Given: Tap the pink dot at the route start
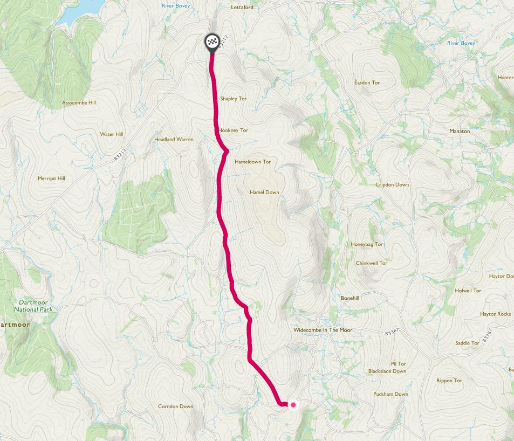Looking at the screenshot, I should point(293,404).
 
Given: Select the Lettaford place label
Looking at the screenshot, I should point(242,8).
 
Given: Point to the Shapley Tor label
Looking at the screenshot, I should point(233,99).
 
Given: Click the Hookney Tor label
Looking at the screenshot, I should point(234,130).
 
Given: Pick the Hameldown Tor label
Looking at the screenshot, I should point(252,162).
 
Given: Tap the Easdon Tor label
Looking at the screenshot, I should point(367,83).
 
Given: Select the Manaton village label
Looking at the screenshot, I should point(460,131).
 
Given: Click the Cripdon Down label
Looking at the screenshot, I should point(392,185).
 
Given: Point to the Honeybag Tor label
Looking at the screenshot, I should point(367,244).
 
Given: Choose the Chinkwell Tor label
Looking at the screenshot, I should point(372,263).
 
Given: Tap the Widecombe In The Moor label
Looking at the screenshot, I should point(322,329).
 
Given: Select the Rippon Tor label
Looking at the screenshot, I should point(449,381).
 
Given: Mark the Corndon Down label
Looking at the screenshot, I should point(175,406).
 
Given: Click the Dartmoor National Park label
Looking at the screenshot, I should point(34,306).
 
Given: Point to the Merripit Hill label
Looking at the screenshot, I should point(51,178).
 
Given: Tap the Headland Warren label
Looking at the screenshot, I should point(174,139).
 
